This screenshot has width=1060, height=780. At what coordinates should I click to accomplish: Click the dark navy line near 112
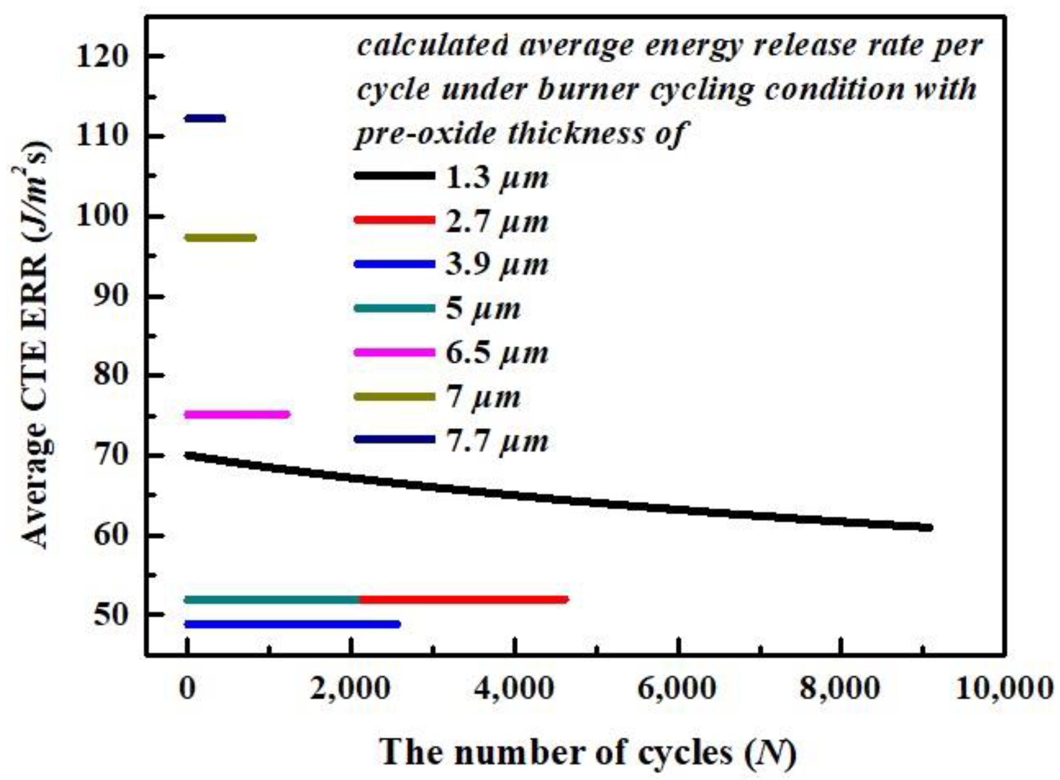tap(205, 118)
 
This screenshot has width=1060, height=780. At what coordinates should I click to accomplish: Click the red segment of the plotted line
tap(463, 599)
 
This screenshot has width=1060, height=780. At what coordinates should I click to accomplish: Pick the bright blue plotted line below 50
tap(293, 624)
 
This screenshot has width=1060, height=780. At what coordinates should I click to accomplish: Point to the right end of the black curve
tap(928, 527)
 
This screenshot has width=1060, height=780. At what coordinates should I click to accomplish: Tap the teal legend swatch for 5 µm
tap(394, 308)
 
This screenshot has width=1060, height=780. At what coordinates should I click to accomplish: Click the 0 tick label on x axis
tap(188, 690)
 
